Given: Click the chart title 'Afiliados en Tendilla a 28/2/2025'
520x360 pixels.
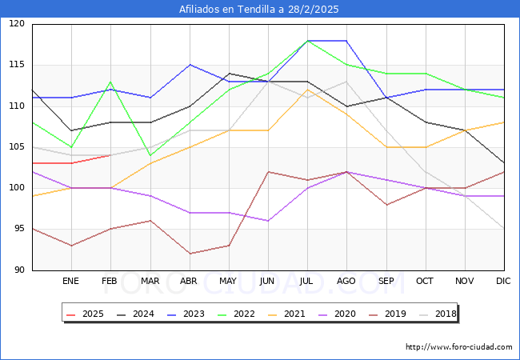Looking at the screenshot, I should coord(260,10).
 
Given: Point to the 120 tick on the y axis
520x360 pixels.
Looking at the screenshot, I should coord(18,24).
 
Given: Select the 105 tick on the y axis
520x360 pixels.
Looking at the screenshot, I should coord(18,147).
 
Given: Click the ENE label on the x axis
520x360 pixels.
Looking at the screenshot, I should coord(71,282).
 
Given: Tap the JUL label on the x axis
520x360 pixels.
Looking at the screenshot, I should coord(307,282).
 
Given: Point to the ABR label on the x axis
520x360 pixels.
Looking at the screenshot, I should coord(189,282).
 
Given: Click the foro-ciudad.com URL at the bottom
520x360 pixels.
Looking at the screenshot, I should coord(458,347).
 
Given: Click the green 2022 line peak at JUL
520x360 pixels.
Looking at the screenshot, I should coord(307,40).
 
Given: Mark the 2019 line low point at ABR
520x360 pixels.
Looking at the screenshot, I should coord(189,254).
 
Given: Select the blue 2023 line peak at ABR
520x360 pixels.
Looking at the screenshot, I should coord(189,65).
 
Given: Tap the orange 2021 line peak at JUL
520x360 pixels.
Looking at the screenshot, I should coord(307,90).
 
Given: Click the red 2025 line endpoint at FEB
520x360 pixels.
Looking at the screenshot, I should coord(110,155).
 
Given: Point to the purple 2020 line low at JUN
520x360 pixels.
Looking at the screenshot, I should coord(268,221).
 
